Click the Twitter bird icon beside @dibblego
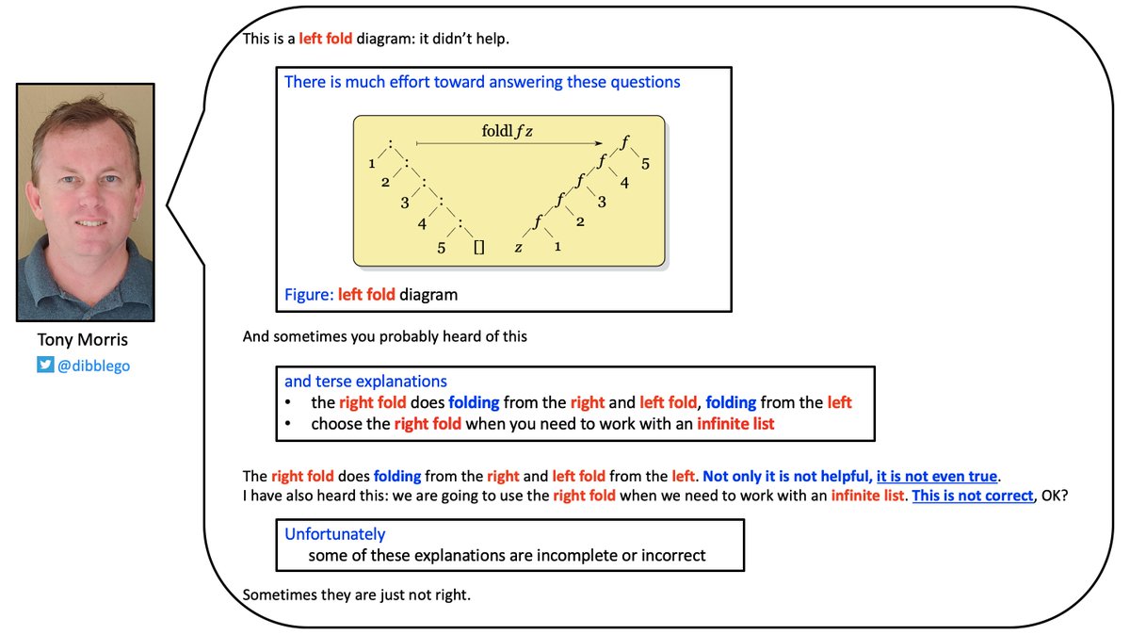pyautogui.click(x=45, y=366)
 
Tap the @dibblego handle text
pyautogui.click(x=94, y=366)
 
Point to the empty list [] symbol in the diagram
pyautogui.click(x=478, y=248)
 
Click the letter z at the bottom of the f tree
pyautogui.click(x=518, y=247)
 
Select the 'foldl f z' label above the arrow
pyautogui.click(x=508, y=132)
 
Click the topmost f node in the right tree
pyautogui.click(x=623, y=143)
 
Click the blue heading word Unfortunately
pyautogui.click(x=335, y=534)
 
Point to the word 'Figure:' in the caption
pyautogui.click(x=309, y=295)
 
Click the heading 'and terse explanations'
pyautogui.click(x=365, y=382)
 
